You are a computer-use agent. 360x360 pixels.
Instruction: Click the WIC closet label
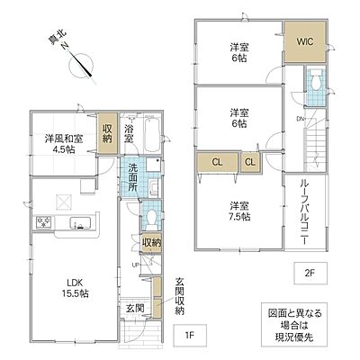[305, 41]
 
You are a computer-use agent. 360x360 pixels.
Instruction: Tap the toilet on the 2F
[315, 79]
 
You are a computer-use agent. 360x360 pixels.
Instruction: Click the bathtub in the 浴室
[152, 134]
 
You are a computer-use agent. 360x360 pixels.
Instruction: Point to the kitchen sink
[80, 223]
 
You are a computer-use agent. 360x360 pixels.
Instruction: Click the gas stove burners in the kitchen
[44, 222]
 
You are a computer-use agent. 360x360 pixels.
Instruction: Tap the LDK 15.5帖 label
[75, 288]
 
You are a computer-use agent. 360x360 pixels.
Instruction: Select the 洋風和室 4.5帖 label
[64, 144]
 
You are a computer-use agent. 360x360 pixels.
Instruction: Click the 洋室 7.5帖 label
[239, 211]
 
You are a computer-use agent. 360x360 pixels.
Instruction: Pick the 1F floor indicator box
[190, 335]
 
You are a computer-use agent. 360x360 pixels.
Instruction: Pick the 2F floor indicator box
[310, 273]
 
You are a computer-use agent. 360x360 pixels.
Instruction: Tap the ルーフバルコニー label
[304, 212]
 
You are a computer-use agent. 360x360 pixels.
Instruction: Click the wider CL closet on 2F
[218, 162]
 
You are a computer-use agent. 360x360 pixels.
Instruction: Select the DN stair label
[301, 119]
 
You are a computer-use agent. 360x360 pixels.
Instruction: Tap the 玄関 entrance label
[135, 308]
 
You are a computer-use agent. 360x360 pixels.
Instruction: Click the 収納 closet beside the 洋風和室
[107, 133]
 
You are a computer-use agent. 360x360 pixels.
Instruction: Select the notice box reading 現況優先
[294, 325]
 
